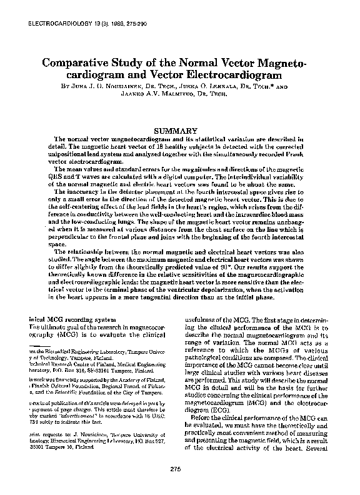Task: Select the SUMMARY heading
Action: click(180, 129)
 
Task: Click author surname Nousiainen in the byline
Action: click(110, 87)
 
